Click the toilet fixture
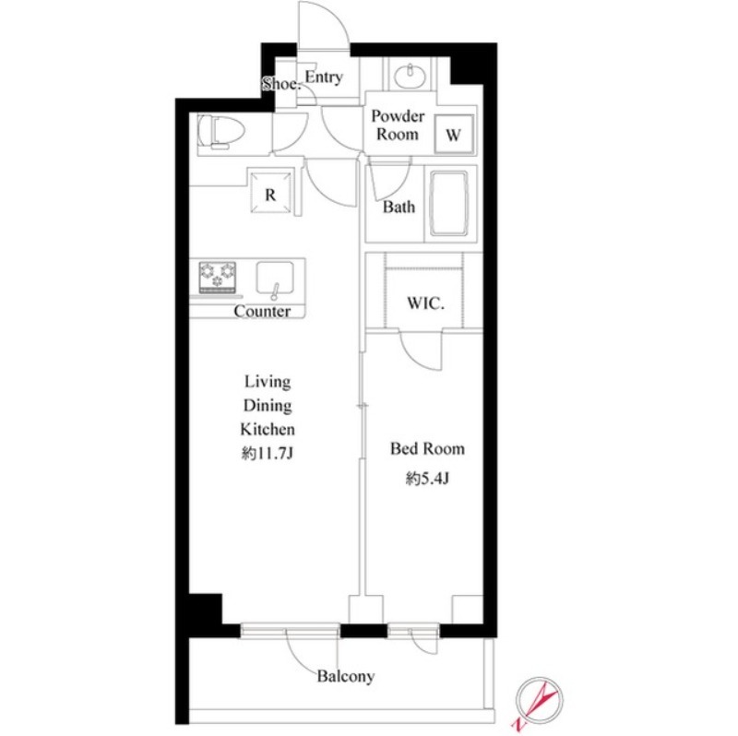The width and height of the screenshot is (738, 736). (221, 133)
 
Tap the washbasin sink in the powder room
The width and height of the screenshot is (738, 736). (410, 76)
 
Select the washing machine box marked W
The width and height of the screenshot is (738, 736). (453, 134)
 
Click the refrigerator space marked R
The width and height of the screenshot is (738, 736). (270, 194)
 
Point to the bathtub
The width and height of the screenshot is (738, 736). (449, 203)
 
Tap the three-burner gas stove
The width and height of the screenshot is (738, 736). (218, 277)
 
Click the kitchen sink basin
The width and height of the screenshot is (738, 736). (275, 279)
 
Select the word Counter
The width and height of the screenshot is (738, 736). (262, 311)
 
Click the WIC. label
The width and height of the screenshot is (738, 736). (425, 303)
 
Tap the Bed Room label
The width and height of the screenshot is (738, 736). (427, 448)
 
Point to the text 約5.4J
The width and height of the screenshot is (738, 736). (427, 479)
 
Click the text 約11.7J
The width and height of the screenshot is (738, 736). (268, 454)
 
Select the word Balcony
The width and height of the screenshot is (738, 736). (346, 677)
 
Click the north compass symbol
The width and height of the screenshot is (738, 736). (539, 699)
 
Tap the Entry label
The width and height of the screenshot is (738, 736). (324, 77)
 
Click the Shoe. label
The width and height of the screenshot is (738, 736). (281, 85)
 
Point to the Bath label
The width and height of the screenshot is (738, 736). (399, 207)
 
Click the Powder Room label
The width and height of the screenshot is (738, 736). (398, 125)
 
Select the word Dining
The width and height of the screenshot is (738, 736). (268, 406)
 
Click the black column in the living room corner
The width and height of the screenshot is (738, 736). (205, 609)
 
